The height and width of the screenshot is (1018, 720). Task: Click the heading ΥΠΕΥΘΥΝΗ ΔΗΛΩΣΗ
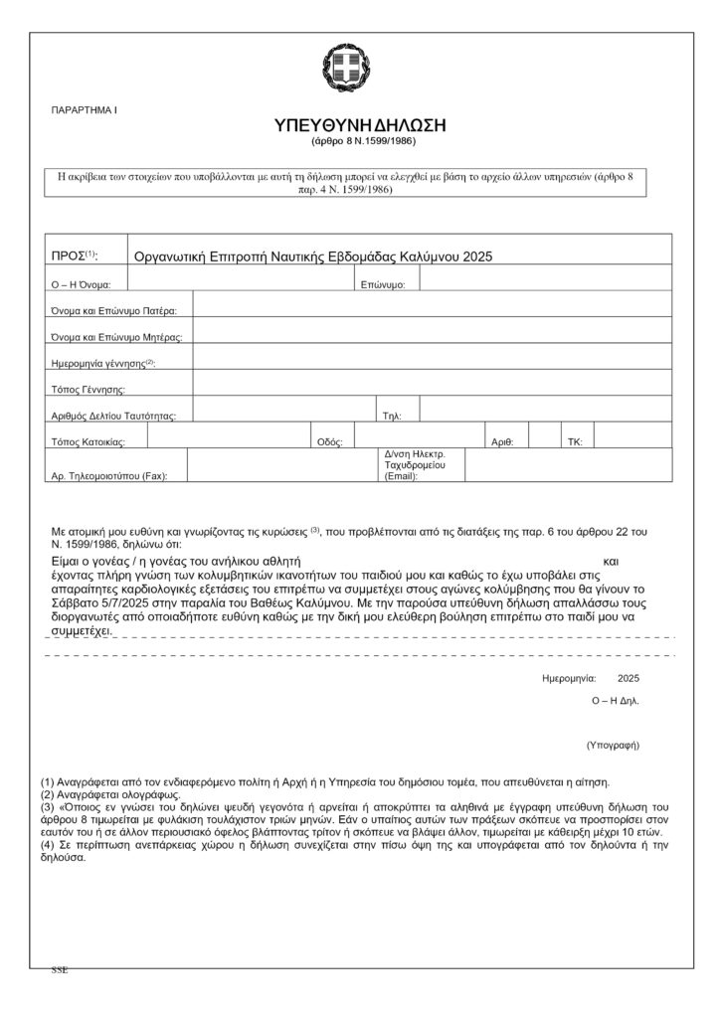coord(360,125)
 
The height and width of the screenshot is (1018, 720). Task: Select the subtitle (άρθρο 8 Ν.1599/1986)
coord(360,143)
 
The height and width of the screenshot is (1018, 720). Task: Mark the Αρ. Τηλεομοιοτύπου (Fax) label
coord(109,476)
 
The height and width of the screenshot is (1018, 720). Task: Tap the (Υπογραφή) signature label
coord(612,744)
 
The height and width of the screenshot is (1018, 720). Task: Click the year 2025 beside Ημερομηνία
coord(629,678)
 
